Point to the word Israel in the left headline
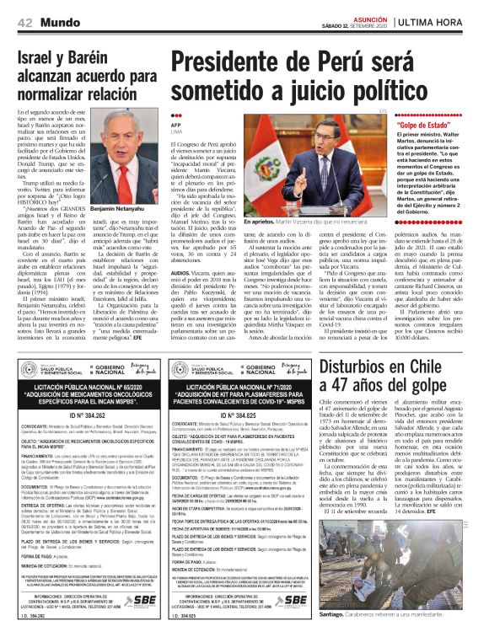41,58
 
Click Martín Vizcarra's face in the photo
338,144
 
